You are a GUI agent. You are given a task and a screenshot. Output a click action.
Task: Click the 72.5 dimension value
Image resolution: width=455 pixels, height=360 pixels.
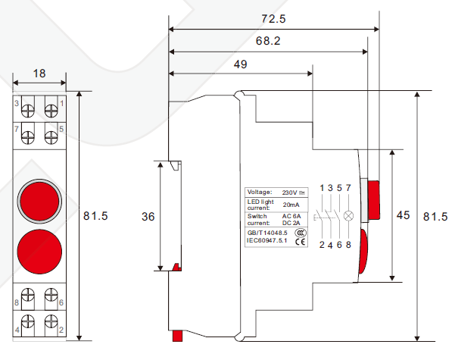click(273, 19)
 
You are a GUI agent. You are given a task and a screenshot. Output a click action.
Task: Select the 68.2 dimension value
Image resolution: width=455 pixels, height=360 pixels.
click(268, 41)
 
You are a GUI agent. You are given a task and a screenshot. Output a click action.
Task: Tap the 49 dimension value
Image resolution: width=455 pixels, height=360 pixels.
click(241, 64)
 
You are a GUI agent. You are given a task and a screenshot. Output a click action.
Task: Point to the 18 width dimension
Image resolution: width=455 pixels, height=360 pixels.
click(39, 74)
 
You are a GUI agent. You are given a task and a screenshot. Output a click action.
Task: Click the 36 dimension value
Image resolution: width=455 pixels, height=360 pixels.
click(148, 217)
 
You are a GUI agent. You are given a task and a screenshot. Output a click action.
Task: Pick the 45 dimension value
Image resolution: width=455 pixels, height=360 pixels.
click(403, 215)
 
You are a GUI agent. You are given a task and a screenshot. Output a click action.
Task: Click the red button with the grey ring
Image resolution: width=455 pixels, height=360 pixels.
click(39, 201)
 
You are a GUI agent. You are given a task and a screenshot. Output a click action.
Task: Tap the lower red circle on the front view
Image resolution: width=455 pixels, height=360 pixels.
click(39, 252)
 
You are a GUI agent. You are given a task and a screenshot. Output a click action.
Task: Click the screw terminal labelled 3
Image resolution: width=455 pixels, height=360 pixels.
click(27, 111)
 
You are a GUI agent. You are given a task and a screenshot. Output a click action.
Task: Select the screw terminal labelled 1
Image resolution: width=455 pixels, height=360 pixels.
click(51, 111)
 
